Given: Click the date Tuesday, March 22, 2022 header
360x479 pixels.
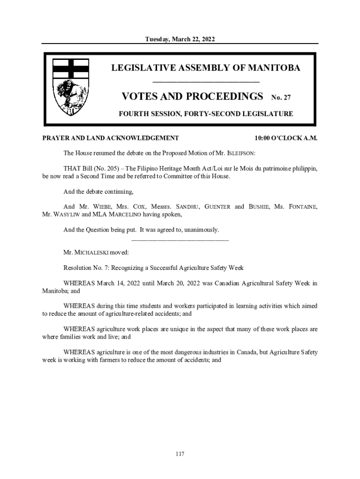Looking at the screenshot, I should pyautogui.click(x=180, y=39).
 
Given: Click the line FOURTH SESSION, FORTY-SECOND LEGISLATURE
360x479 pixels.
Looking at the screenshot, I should pyautogui.click(x=206, y=114).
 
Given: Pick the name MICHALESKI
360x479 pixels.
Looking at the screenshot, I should pyautogui.click(x=92, y=253).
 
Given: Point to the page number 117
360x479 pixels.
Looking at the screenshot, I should pyautogui.click(x=180, y=454).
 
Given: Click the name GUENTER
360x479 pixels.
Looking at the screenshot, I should pyautogui.click(x=217, y=207).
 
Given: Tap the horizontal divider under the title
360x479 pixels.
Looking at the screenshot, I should pyautogui.click(x=206, y=82).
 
